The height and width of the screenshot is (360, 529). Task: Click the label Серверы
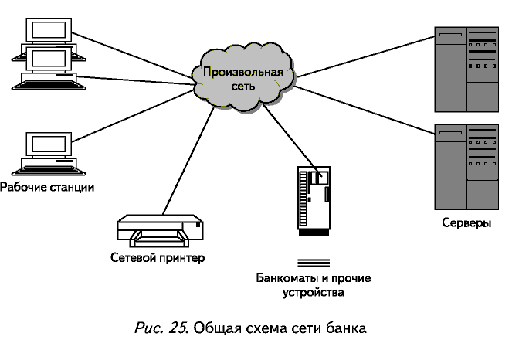[x=466, y=223]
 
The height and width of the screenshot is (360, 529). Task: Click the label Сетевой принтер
[x=158, y=257]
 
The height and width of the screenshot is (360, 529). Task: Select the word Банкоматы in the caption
[x=283, y=278]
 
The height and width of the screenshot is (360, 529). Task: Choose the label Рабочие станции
[x=47, y=187]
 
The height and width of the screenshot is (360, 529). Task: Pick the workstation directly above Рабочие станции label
[x=47, y=155]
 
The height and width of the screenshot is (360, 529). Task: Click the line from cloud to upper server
[x=363, y=56]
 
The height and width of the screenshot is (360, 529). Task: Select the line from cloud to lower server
[x=363, y=107]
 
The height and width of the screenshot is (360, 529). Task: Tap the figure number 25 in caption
[x=178, y=328]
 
